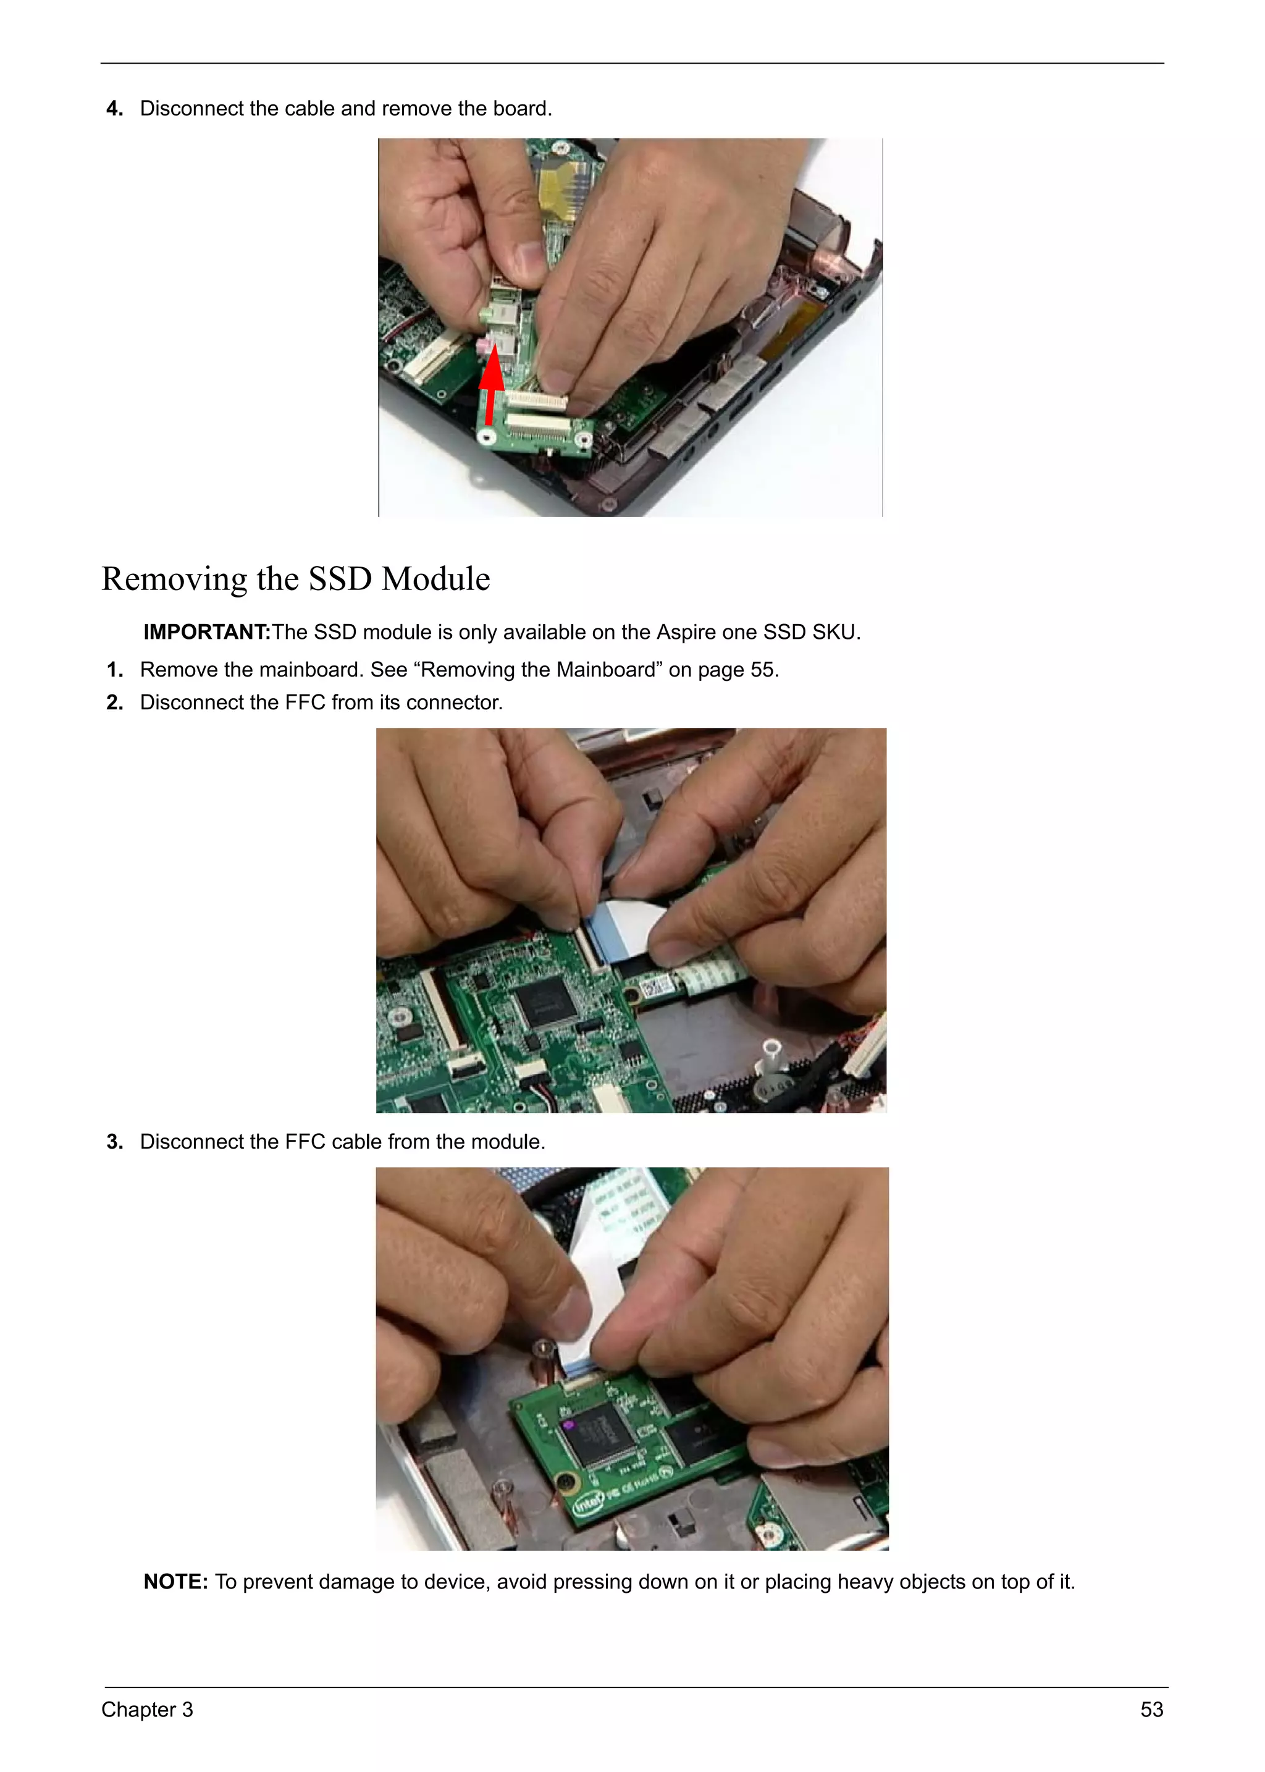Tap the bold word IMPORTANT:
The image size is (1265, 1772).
(x=206, y=632)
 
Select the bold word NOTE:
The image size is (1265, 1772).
(x=175, y=1581)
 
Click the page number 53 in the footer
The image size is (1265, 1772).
(x=1151, y=1710)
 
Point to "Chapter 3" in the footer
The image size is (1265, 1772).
(x=147, y=1710)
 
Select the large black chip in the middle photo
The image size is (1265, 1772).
(x=548, y=1002)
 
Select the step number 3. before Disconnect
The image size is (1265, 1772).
(x=114, y=1142)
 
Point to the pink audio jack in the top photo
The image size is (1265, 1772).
(x=484, y=344)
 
